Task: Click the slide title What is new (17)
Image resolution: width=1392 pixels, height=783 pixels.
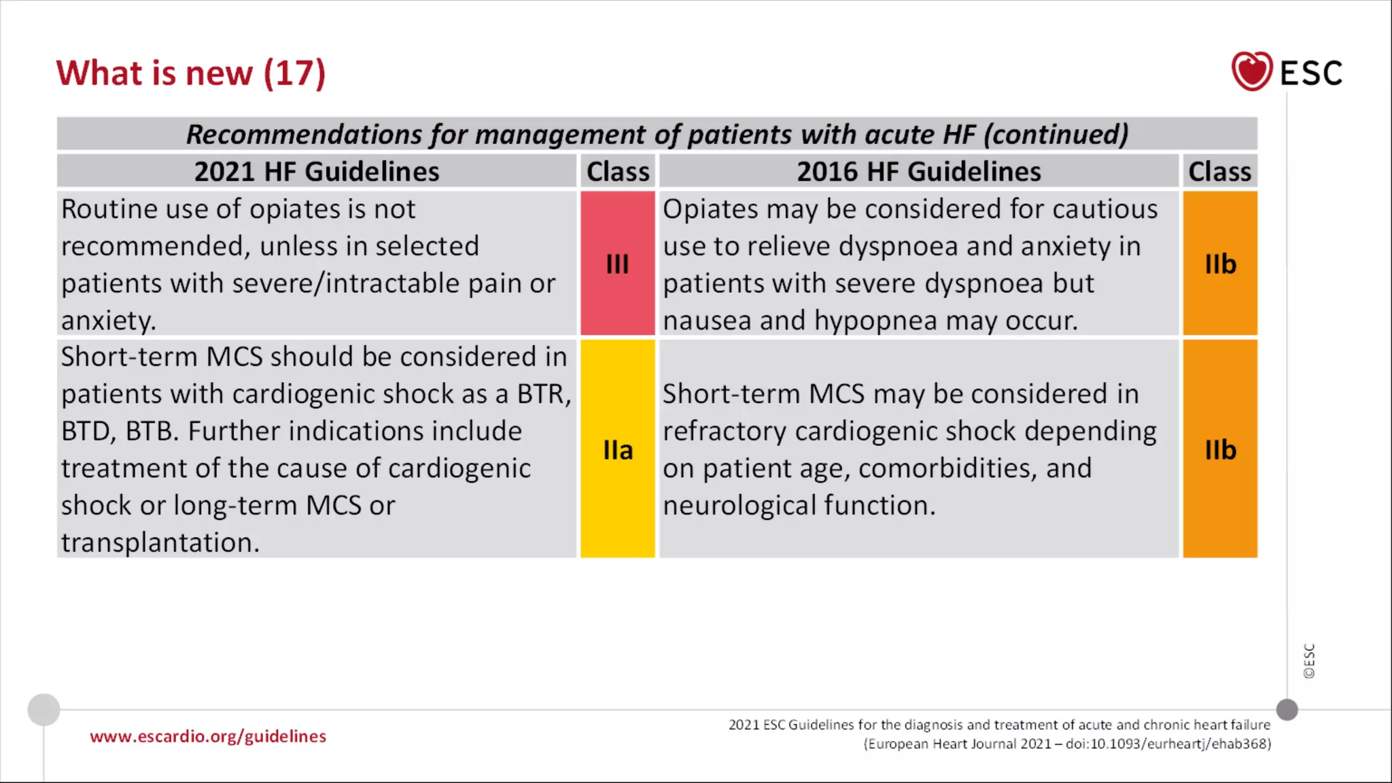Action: point(190,73)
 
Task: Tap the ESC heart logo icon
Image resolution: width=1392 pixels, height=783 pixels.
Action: point(1251,71)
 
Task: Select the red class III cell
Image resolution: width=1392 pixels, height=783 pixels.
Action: point(617,264)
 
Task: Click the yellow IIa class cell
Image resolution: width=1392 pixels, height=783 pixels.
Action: point(617,449)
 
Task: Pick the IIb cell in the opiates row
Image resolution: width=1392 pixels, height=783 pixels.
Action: point(1220,264)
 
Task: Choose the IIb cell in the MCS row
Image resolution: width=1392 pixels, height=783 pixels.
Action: point(1220,449)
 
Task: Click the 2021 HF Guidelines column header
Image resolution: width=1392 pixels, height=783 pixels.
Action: point(317,171)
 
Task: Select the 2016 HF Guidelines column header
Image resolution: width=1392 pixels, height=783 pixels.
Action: point(918,171)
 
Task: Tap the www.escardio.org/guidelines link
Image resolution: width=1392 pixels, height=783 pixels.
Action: point(208,736)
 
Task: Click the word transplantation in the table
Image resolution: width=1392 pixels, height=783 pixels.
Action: point(160,542)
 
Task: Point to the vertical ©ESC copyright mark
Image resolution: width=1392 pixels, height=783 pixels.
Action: point(1309,661)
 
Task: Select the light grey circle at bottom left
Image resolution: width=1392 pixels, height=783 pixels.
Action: point(43,710)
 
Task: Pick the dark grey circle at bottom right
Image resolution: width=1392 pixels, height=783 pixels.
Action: point(1287,710)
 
